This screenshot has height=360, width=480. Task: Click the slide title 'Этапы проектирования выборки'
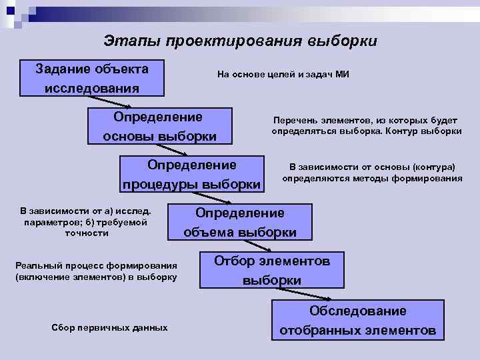[x=240, y=41]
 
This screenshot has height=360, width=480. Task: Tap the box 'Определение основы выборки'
[x=160, y=127]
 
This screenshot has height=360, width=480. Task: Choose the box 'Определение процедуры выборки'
[x=192, y=174]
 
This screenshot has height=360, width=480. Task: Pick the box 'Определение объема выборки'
[x=239, y=223]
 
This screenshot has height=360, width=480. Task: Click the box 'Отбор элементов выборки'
[x=271, y=270]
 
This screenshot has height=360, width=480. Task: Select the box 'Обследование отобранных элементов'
[x=357, y=320]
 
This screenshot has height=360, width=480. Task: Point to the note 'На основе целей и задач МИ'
[x=283, y=75]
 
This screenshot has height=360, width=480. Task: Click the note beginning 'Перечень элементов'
[x=366, y=125]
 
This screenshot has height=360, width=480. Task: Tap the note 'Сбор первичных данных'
[x=109, y=328]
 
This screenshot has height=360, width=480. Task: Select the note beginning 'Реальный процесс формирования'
[x=96, y=271]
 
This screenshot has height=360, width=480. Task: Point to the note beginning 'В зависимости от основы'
[x=371, y=173]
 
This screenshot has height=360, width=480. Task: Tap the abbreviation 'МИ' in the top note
[x=341, y=75]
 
